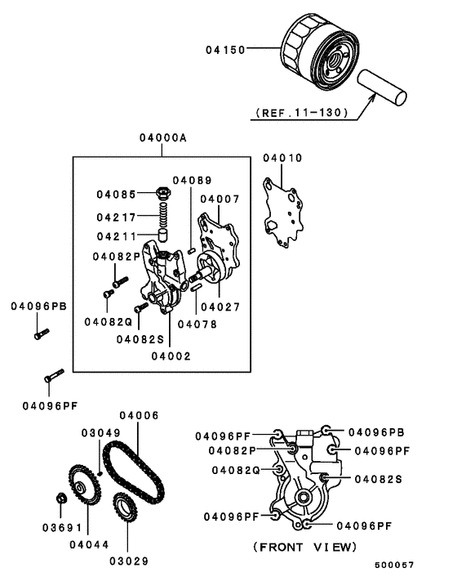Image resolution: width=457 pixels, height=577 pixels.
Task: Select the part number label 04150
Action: (224, 49)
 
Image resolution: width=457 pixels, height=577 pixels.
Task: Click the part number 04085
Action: (117, 195)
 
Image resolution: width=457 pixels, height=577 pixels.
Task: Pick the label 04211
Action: (117, 236)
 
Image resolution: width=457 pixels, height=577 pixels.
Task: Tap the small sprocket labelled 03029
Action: (127, 510)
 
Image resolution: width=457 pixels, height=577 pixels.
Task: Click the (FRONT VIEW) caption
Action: (304, 545)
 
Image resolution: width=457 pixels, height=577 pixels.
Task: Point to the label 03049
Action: (100, 432)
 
